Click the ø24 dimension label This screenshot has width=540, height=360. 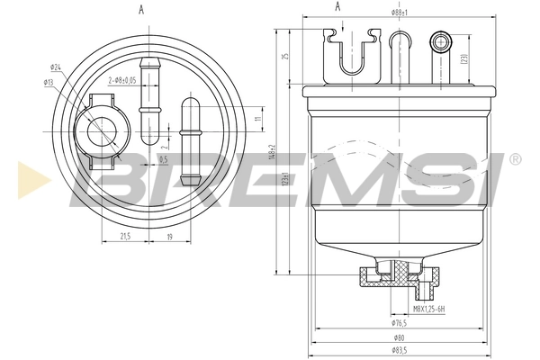pyautogui.click(x=56, y=67)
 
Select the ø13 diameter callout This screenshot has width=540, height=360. pyautogui.click(x=49, y=83)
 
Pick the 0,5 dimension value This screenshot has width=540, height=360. pyautogui.click(x=163, y=160)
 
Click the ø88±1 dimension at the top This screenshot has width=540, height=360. pyautogui.click(x=400, y=13)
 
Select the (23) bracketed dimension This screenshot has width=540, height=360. pyautogui.click(x=463, y=60)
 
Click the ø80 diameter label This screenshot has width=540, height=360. pyautogui.click(x=399, y=337)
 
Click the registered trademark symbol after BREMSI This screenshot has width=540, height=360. pyautogui.click(x=514, y=159)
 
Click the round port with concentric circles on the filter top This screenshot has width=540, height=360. pyautogui.click(x=440, y=40)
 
